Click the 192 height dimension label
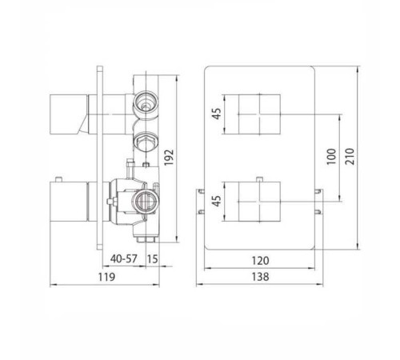(x=169, y=158)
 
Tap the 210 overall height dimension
(x=350, y=157)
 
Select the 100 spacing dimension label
(x=331, y=157)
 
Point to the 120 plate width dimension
(x=260, y=261)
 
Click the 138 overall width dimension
(x=260, y=277)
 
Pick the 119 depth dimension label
(x=106, y=277)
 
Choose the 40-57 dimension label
(x=124, y=258)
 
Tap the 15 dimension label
(x=153, y=259)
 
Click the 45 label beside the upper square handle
(x=217, y=114)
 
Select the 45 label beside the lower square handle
(x=217, y=201)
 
